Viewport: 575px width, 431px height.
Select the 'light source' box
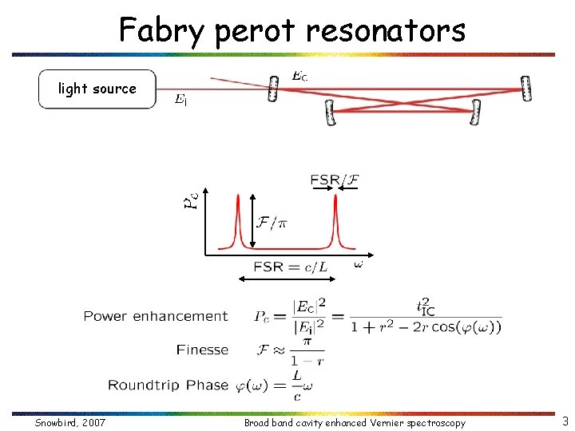pyautogui.click(x=97, y=89)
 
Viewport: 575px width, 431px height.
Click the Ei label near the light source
pyautogui.click(x=181, y=100)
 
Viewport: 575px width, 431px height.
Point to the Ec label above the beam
pyautogui.click(x=299, y=77)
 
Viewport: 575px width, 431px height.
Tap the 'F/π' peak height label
pyautogui.click(x=272, y=222)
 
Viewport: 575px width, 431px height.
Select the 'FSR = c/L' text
pyautogui.click(x=290, y=267)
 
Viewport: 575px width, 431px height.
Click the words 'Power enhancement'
pyautogui.click(x=155, y=316)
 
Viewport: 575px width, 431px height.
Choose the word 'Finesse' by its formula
pyautogui.click(x=202, y=350)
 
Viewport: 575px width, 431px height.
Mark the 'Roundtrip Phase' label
pyautogui.click(x=168, y=385)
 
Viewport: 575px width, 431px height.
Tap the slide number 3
pyautogui.click(x=565, y=421)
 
